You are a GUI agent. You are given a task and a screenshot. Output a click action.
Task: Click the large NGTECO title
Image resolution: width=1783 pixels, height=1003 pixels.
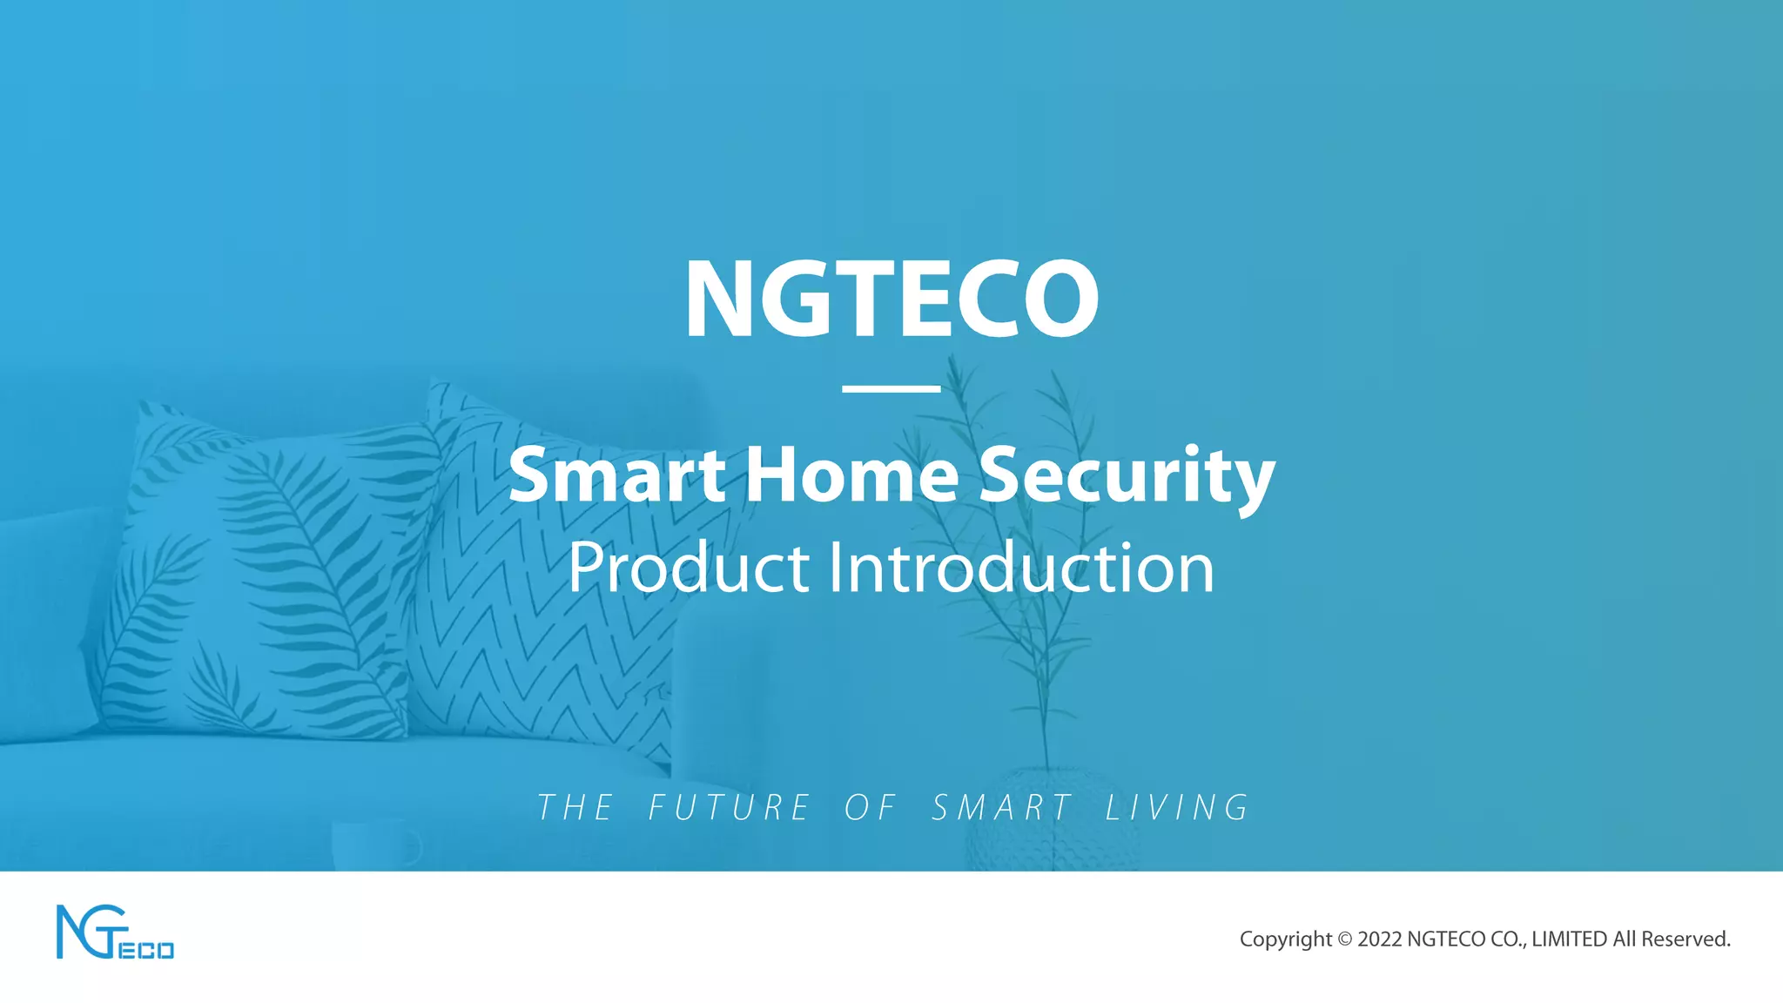coord(891,298)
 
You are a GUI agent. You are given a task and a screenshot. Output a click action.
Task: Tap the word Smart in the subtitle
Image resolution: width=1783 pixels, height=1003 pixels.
coord(616,475)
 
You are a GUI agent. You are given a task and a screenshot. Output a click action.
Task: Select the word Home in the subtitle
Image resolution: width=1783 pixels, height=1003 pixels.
coord(852,475)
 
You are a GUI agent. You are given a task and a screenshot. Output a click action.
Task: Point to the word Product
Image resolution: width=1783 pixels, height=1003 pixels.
coord(689,568)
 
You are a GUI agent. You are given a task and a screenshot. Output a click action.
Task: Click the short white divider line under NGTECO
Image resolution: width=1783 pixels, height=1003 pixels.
coord(891,388)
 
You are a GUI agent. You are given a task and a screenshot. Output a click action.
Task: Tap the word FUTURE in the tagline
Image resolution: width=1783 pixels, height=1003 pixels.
coord(730,808)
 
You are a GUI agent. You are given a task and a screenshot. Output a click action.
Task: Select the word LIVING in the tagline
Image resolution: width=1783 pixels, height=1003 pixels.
coord(1177,808)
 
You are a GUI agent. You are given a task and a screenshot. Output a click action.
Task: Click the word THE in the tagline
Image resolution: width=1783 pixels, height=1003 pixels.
coord(575,808)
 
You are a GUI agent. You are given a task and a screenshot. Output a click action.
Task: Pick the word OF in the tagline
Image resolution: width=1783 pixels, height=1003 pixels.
coord(870,808)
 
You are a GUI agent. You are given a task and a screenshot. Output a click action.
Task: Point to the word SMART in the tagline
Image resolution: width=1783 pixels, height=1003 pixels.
coord(1001,808)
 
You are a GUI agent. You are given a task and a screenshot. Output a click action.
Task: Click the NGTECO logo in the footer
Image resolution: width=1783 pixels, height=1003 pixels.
coord(115,932)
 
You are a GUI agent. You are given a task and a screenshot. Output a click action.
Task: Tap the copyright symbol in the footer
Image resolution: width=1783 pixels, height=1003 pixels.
coord(1345,939)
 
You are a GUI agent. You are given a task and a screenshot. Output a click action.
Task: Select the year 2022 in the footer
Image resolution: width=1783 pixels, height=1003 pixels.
coord(1380,939)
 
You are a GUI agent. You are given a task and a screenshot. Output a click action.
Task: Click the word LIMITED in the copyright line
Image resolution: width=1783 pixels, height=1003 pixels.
coord(1569,939)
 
